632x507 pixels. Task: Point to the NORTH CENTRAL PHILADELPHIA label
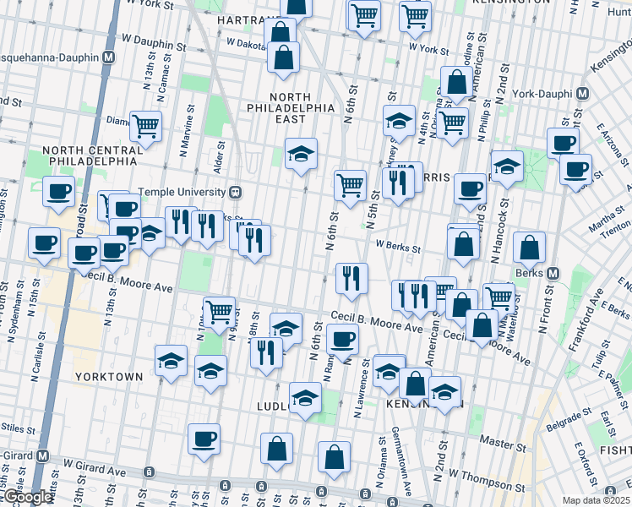pyautogui.click(x=90, y=155)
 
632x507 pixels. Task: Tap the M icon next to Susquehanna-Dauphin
pyautogui.click(x=108, y=58)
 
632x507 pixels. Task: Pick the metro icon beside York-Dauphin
pyautogui.click(x=582, y=93)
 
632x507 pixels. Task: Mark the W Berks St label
pyautogui.click(x=398, y=246)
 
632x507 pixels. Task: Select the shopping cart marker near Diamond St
pyautogui.click(x=145, y=127)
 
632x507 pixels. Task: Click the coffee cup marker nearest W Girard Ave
pyautogui.click(x=205, y=439)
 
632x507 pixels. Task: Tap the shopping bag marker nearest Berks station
pyautogui.click(x=529, y=248)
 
